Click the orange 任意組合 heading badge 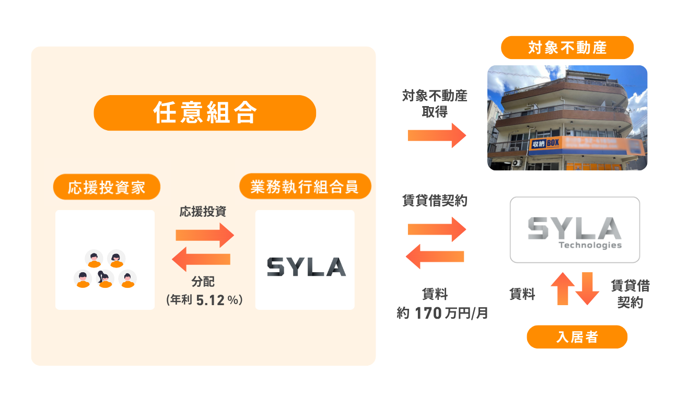tap(205, 113)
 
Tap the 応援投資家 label tap(107, 187)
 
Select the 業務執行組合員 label tap(305, 187)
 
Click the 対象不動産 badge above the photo tap(567, 48)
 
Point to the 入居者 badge tap(577, 337)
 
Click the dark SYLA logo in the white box tap(306, 266)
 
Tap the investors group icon tap(105, 269)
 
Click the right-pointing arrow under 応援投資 tap(204, 235)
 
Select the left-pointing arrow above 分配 tap(202, 259)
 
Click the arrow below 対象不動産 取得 tap(437, 135)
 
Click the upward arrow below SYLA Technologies tap(563, 288)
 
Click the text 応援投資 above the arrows tap(203, 212)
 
